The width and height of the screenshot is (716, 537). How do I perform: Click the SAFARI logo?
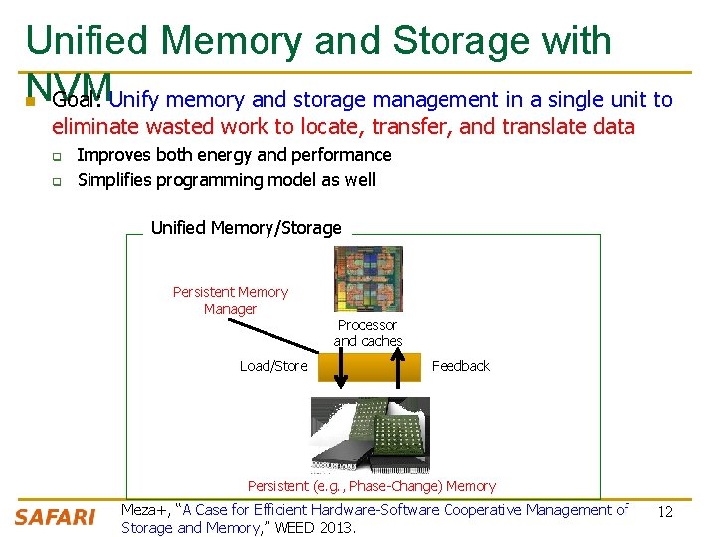tap(55, 517)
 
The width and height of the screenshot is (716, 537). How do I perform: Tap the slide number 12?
tap(666, 511)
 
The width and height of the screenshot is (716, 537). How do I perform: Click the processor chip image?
tap(368, 278)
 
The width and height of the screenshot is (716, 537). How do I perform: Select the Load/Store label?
tap(273, 366)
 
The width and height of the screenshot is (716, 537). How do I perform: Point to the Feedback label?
tap(460, 366)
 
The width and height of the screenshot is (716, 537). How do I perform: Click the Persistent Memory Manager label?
tap(231, 300)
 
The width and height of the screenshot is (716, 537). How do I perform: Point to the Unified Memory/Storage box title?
tap(246, 228)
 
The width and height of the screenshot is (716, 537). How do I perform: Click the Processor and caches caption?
tap(368, 333)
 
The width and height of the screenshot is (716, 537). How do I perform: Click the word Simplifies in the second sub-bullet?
tap(112, 180)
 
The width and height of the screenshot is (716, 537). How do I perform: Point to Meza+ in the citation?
tap(144, 510)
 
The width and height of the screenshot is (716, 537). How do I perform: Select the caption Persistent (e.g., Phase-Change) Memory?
tap(372, 486)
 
